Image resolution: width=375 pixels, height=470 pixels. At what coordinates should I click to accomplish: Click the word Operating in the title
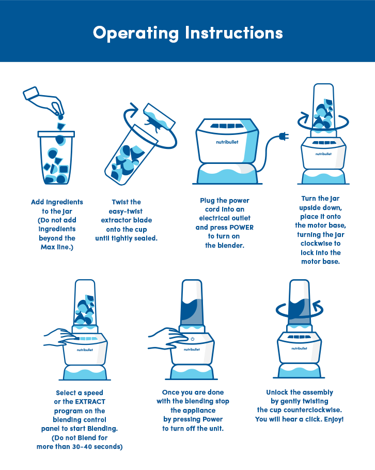(136, 33)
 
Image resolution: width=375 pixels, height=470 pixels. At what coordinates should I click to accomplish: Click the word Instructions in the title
(234, 33)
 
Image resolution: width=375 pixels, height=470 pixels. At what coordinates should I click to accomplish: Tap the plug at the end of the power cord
(284, 137)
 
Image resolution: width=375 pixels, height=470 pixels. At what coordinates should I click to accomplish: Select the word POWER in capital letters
(241, 228)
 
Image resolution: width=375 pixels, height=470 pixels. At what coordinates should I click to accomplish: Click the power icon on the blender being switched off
(192, 339)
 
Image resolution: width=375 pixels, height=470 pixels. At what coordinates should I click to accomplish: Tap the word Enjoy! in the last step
(334, 419)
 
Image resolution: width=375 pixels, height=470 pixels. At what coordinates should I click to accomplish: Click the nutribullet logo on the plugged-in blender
(227, 142)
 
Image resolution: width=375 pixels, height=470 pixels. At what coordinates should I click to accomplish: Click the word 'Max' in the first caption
(48, 247)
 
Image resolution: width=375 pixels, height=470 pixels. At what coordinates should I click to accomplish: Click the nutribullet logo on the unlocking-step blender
(299, 348)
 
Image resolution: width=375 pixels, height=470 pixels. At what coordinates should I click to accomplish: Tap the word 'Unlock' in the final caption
(277, 392)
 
